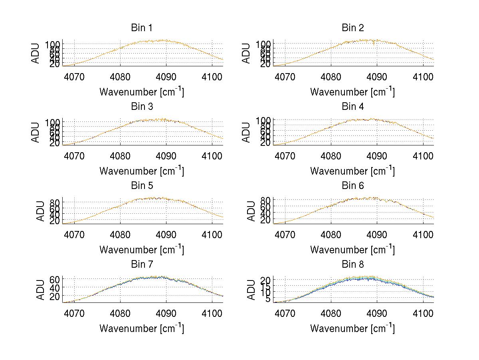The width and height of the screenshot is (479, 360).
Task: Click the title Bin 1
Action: pyautogui.click(x=142, y=28)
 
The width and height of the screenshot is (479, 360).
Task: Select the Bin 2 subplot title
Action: pyautogui.click(x=353, y=28)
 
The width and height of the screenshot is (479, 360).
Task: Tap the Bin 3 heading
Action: pyautogui.click(x=142, y=106)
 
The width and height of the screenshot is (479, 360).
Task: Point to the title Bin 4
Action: pyautogui.click(x=353, y=106)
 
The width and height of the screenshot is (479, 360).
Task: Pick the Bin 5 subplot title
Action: pyautogui.click(x=142, y=185)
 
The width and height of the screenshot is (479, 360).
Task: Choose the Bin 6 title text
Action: pyautogui.click(x=353, y=185)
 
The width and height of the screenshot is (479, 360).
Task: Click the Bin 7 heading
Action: pyautogui.click(x=142, y=264)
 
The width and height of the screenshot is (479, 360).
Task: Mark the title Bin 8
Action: pyautogui.click(x=353, y=264)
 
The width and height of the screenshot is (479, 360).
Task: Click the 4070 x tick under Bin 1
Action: pyautogui.click(x=74, y=77)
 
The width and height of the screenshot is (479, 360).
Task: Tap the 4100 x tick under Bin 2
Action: pyautogui.click(x=423, y=77)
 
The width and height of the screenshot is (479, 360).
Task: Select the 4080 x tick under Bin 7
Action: pyautogui.click(x=120, y=314)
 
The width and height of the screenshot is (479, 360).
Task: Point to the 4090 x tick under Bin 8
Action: pyautogui.click(x=377, y=314)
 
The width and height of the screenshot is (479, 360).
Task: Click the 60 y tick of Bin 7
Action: pyautogui.click(x=54, y=279)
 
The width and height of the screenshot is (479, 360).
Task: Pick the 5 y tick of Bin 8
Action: pyautogui.click(x=268, y=299)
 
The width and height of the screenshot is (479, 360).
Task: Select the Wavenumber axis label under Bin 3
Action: pyautogui.click(x=142, y=171)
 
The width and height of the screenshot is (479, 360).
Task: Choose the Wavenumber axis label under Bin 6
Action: pyautogui.click(x=353, y=250)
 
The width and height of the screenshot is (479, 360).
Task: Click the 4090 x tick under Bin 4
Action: pyautogui.click(x=377, y=156)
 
